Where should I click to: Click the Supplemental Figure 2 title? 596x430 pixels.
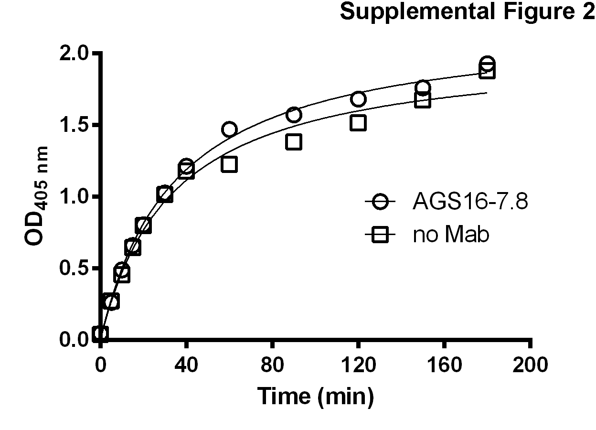(467, 13)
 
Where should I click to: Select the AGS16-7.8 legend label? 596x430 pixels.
(470, 203)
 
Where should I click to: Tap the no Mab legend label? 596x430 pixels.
(451, 235)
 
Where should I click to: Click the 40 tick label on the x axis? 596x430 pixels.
(186, 365)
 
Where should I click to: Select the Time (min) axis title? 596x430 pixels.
(315, 396)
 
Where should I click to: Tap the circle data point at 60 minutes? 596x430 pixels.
(229, 129)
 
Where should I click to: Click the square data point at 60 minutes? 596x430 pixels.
(229, 164)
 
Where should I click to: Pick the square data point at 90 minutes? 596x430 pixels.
(294, 142)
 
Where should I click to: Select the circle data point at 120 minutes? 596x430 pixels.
(358, 99)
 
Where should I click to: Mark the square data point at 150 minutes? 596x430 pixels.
(423, 100)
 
